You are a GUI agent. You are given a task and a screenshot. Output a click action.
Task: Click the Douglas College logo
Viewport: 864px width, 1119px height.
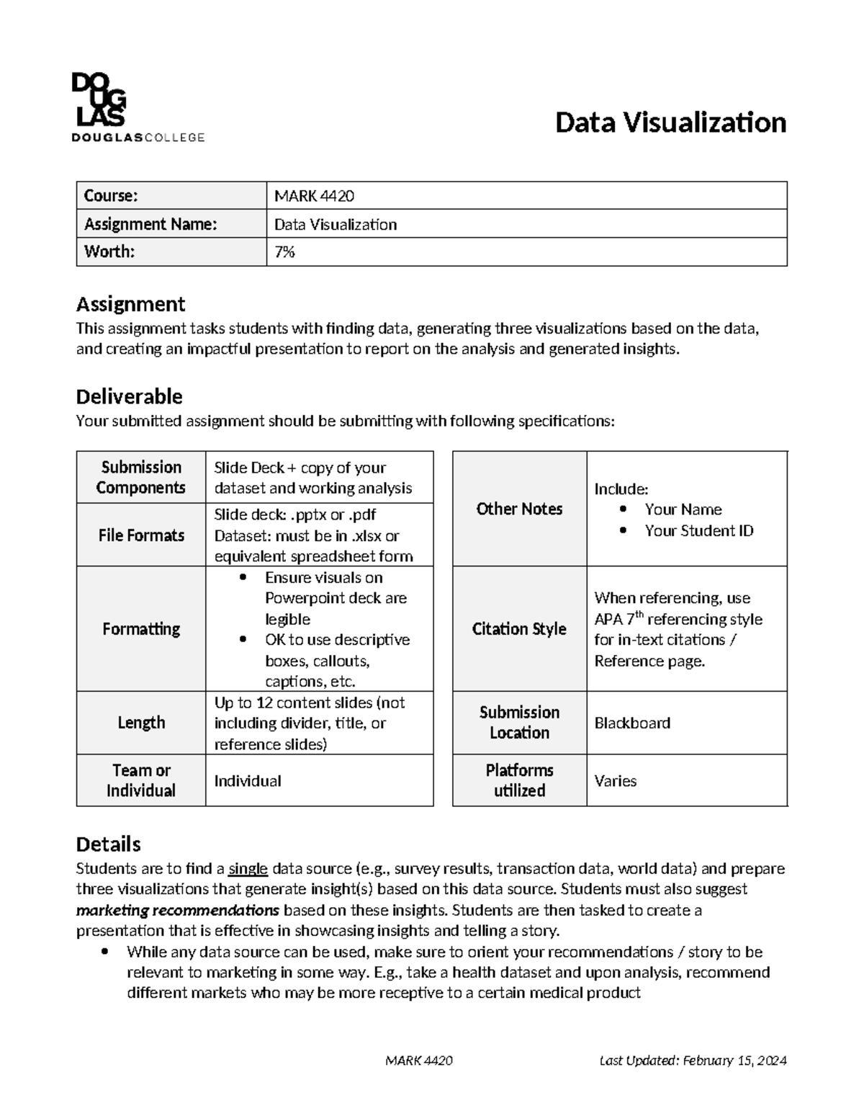pos(138,107)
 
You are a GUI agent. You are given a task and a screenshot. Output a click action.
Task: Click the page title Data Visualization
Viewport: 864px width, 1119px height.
pos(670,123)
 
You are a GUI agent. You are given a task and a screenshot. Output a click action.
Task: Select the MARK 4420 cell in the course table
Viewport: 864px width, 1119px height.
pos(314,196)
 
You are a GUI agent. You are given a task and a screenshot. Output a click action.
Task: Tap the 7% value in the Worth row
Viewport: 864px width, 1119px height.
pos(284,252)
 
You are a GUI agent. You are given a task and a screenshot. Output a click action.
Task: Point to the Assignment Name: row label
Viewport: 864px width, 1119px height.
pos(150,224)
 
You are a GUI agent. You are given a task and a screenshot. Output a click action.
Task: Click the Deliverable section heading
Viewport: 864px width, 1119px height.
pos(129,396)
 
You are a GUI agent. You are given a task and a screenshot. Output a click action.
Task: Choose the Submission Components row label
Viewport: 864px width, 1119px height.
pos(141,477)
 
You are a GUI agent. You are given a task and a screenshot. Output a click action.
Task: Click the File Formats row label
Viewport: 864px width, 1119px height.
pos(141,535)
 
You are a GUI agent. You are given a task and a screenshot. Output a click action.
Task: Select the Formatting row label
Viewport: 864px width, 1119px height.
pos(141,629)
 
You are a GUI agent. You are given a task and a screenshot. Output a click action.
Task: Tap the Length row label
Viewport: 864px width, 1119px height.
pos(141,723)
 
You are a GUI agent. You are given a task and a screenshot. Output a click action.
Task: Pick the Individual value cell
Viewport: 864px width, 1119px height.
pos(248,781)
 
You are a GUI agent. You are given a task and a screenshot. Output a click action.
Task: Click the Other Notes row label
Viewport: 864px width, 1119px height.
pos(519,509)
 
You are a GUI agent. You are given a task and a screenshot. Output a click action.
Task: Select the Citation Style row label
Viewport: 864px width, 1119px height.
pos(519,629)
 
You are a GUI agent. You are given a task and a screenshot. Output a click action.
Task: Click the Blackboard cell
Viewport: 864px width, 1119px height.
pos(632,723)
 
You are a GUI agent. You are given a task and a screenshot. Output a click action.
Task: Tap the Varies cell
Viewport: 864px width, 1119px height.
pos(616,781)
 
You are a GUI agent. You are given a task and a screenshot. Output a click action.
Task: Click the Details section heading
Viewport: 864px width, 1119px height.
pos(108,844)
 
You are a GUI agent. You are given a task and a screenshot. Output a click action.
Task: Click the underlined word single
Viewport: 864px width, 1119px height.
pos(248,869)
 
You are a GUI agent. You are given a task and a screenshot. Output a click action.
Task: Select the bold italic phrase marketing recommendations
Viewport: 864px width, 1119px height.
pos(178,910)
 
